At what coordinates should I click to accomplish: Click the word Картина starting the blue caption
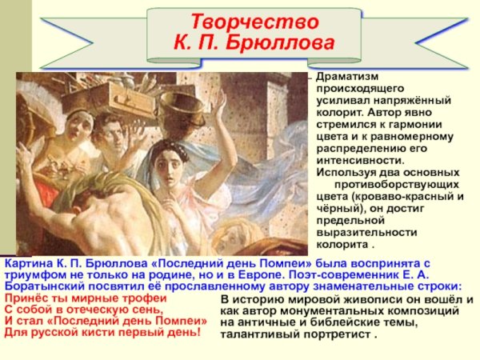[29, 262]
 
